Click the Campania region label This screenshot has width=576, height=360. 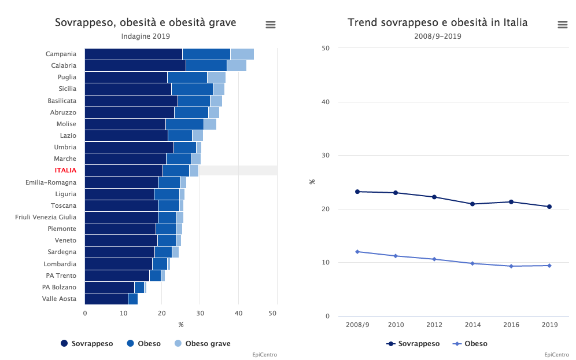coord(61,54)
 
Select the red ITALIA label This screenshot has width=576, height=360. coord(65,171)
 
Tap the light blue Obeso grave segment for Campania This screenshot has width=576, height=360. coord(242,54)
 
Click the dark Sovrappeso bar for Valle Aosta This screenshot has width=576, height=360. coord(106,299)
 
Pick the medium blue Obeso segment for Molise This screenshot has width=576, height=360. coord(184,124)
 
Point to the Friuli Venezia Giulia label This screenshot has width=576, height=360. coord(46,217)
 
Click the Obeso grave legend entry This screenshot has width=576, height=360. coord(202,344)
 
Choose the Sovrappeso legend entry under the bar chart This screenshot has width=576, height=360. coord(87,344)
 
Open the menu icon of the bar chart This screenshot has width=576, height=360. coord(270,24)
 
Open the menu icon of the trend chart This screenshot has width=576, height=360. coord(562,24)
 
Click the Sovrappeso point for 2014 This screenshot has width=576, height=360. coord(472,204)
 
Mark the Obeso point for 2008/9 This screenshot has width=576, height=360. coord(357,252)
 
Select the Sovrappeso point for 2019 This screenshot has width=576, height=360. coord(549,207)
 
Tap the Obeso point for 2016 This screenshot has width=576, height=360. coord(511,266)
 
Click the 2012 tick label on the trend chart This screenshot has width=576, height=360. coord(434,325)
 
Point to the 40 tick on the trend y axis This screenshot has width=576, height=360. coord(326,102)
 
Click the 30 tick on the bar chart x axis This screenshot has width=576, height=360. coord(200,313)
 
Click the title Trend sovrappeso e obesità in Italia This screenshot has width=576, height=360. coord(437,23)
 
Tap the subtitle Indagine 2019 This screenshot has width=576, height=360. coord(145,36)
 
